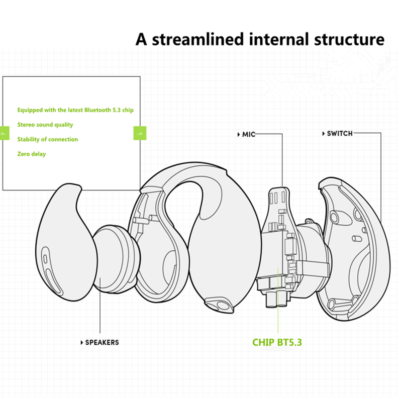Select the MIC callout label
249,134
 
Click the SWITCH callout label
340,133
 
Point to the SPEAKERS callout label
102,342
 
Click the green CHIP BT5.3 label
277,343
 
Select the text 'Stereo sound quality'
45,125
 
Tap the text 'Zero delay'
32,154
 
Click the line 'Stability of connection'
48,139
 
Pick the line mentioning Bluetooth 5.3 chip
75,110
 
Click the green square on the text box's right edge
140,133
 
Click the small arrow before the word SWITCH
323,133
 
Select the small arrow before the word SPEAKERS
81,342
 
